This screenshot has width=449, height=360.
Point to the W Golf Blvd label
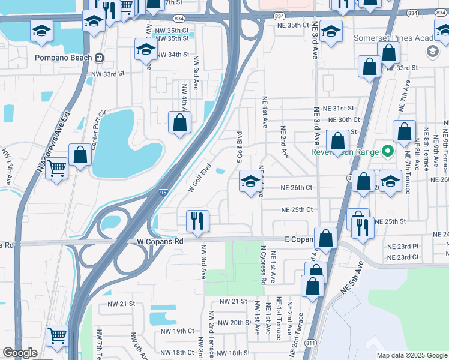click(x=200, y=177)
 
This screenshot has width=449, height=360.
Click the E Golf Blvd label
click(x=240, y=147)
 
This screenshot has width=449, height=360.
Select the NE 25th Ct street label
click(x=297, y=209)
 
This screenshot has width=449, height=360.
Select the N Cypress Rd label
click(x=263, y=265)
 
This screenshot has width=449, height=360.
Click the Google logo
click(x=20, y=353)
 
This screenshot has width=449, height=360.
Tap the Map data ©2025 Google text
click(x=411, y=355)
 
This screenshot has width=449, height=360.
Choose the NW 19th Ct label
click(x=177, y=331)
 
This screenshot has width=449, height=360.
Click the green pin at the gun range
click(x=388, y=151)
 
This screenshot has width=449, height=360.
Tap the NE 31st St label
click(x=338, y=108)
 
